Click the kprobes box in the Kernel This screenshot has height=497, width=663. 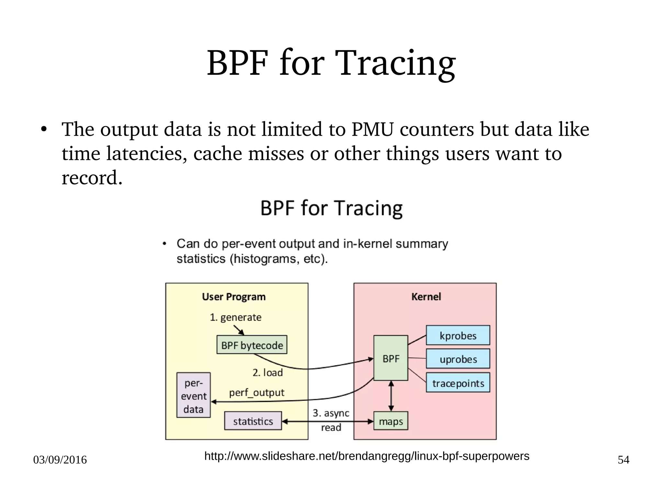(x=457, y=335)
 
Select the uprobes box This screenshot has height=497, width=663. (x=457, y=359)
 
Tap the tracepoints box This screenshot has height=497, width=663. (x=457, y=383)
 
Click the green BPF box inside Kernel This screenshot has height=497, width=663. (x=390, y=358)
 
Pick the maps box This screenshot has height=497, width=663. (x=390, y=421)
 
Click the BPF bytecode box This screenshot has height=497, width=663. (x=252, y=345)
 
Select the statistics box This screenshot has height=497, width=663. (x=253, y=421)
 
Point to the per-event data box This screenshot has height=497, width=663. (x=193, y=395)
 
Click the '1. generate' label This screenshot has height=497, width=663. (x=235, y=317)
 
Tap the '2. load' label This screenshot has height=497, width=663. (x=267, y=372)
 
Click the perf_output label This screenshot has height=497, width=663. (x=256, y=392)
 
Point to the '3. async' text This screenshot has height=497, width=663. (x=331, y=413)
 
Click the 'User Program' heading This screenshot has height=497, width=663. (x=233, y=297)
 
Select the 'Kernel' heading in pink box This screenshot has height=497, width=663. (x=426, y=297)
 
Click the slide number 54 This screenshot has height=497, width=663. (x=623, y=460)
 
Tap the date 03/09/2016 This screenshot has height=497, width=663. (x=60, y=460)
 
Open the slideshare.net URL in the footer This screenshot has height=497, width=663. (x=366, y=456)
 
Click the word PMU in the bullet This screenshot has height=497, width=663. (x=372, y=129)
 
